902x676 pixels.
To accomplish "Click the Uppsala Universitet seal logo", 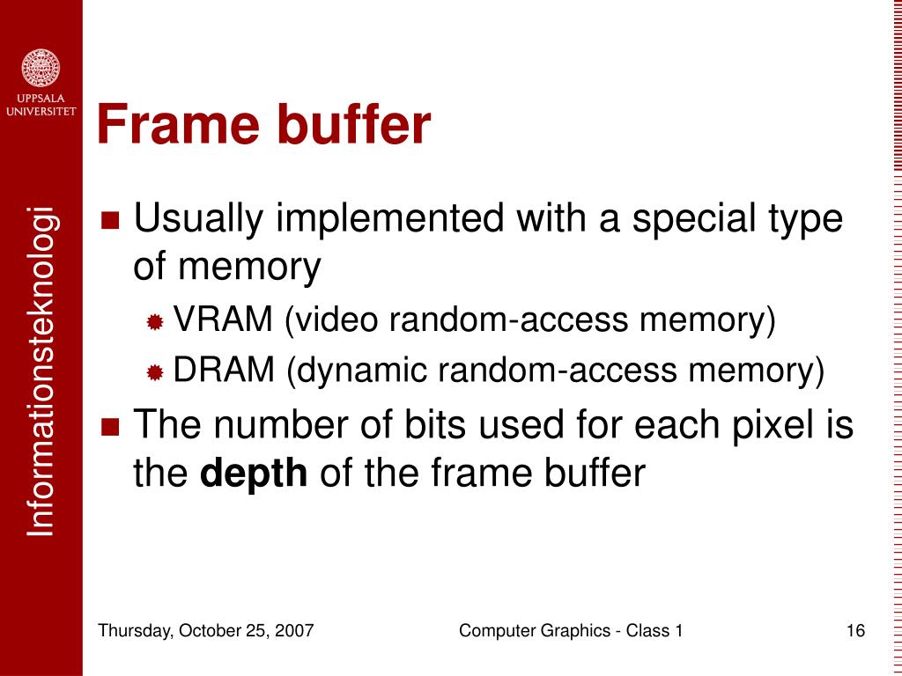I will (41, 67).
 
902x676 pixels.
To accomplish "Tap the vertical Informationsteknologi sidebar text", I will (41, 370).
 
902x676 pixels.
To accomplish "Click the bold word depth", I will (255, 474).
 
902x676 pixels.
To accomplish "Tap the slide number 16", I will (854, 630).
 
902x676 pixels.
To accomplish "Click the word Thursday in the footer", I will (132, 630).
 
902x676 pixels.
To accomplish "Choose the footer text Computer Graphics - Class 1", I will (572, 630).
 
